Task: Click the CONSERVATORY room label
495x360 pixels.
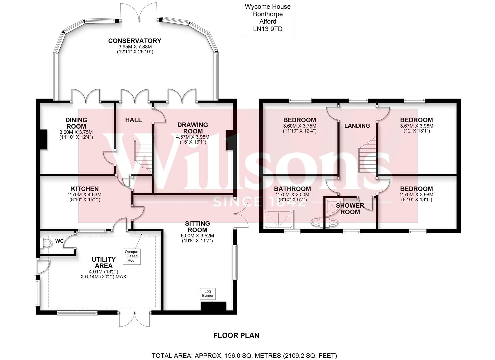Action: tap(134, 41)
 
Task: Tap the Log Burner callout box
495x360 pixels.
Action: tap(208, 294)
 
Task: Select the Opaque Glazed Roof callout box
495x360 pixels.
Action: tap(131, 256)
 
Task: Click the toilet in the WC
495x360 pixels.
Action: tap(47, 244)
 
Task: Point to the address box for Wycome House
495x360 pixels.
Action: tap(267, 18)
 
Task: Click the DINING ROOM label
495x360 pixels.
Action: tap(76, 123)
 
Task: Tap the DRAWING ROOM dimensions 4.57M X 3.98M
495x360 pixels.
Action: tap(193, 137)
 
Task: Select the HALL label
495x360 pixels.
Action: tap(133, 120)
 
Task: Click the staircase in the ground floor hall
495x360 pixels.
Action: tap(143, 153)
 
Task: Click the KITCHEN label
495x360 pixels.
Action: tap(84, 189)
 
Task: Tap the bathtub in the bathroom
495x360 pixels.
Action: tap(279, 220)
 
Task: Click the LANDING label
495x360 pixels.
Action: tap(357, 126)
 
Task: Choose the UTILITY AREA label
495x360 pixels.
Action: tap(104, 262)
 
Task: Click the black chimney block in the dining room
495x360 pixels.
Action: tap(43, 140)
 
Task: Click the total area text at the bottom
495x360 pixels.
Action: tap(244, 355)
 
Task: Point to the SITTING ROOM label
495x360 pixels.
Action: tap(197, 226)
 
